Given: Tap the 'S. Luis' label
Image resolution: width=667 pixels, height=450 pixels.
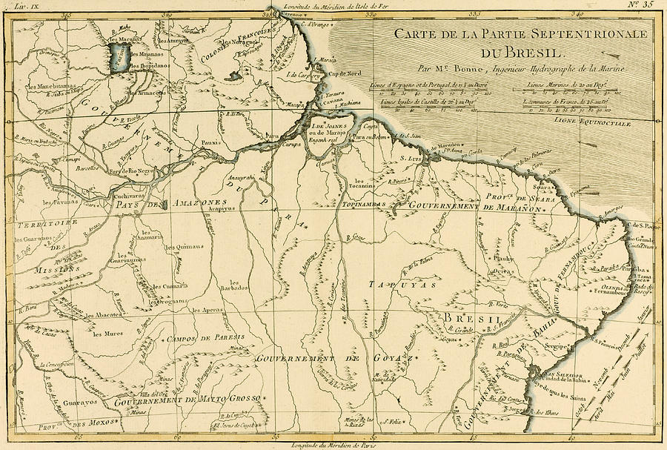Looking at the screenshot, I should pos(411,158).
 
